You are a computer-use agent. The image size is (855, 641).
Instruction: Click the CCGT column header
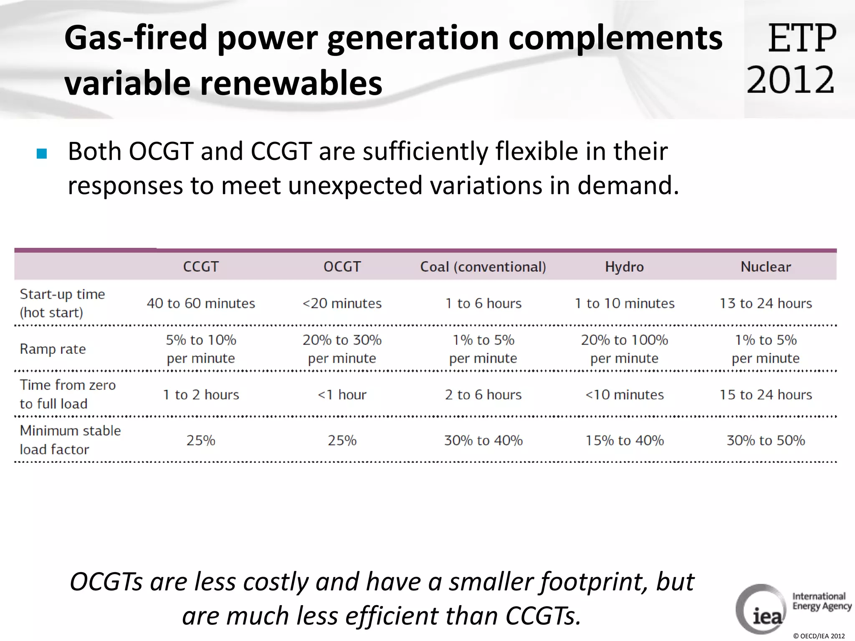(201, 267)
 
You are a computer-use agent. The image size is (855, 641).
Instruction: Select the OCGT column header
(342, 267)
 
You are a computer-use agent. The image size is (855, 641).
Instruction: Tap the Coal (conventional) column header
(483, 267)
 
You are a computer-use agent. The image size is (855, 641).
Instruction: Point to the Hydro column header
(624, 267)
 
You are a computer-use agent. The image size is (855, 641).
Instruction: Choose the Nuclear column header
(766, 267)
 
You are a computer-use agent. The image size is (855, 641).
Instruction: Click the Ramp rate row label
(53, 349)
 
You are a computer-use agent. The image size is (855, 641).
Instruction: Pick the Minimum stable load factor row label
(70, 440)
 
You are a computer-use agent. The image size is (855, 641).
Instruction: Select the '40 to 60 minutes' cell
(201, 303)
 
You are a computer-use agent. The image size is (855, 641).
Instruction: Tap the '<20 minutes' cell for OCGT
(342, 303)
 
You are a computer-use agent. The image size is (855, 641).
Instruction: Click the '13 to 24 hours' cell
(766, 303)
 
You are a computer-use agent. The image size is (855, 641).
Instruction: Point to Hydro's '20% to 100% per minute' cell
(624, 349)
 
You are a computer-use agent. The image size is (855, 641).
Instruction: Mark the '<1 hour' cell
(342, 395)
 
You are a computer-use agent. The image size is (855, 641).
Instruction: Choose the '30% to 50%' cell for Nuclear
(766, 441)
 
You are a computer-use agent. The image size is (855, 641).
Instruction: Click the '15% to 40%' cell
(624, 441)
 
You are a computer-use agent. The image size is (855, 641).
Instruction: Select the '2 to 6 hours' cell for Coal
(483, 395)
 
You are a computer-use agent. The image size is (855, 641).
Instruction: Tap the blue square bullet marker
(42, 154)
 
